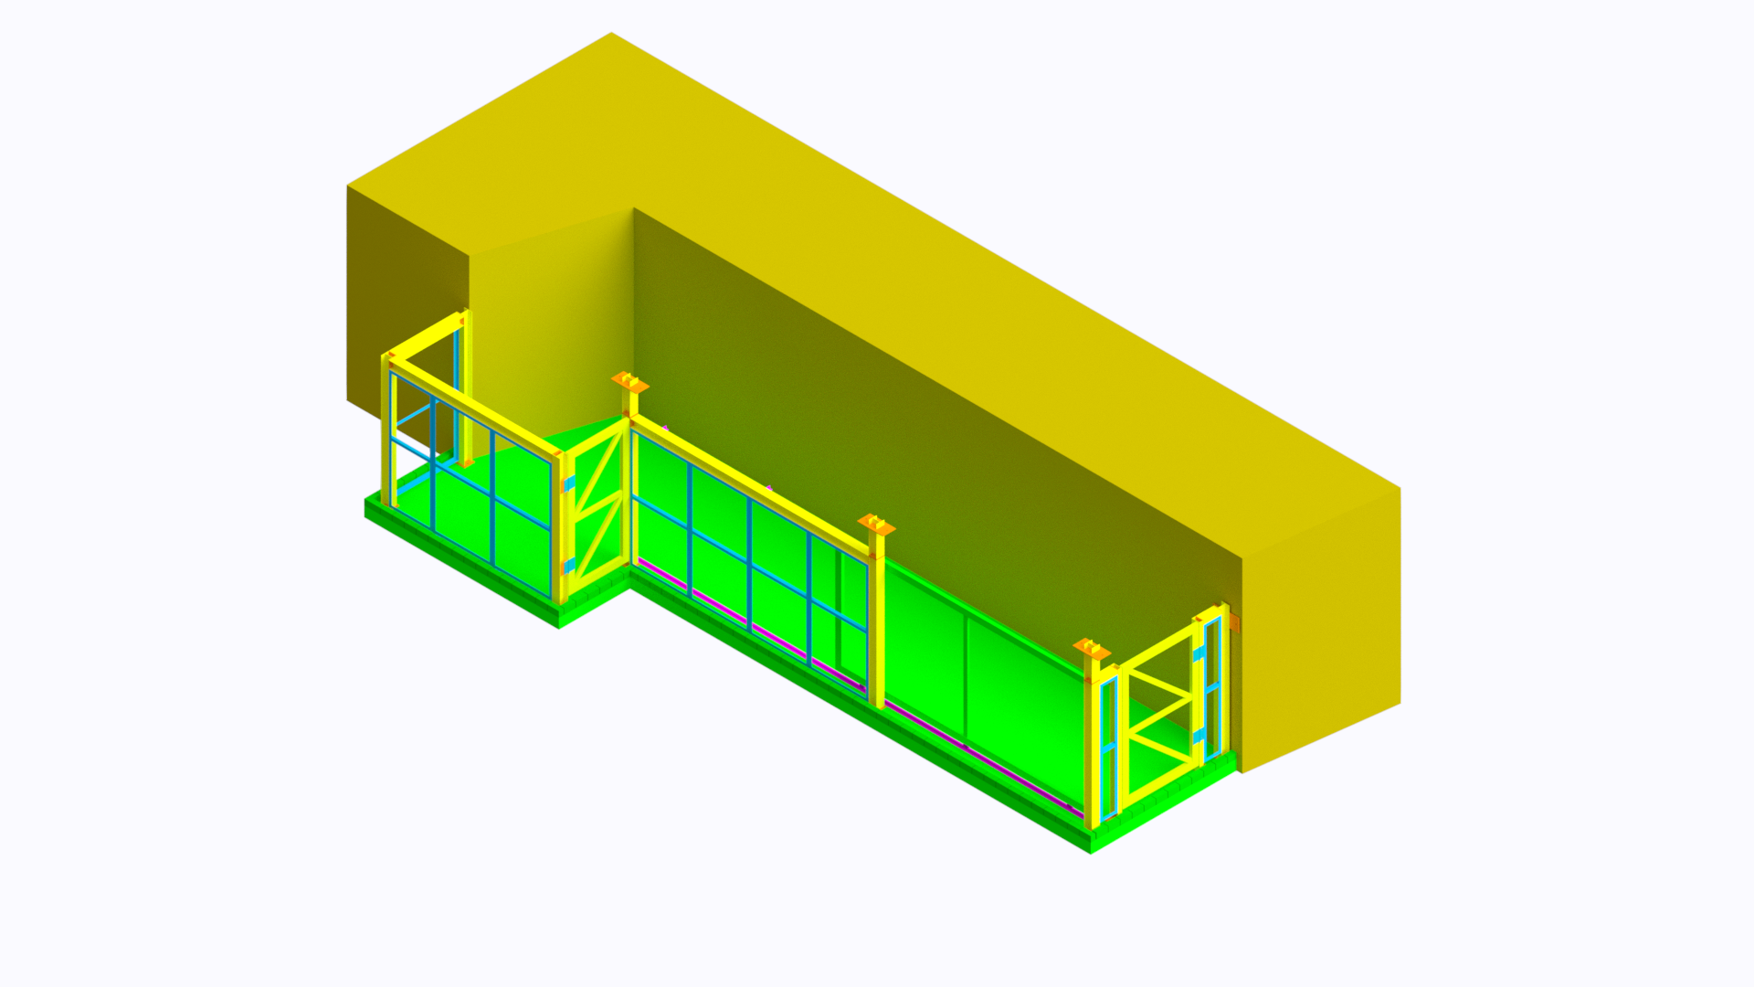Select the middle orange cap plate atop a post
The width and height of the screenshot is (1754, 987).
point(876,525)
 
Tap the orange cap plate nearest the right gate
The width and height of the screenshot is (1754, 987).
point(1092,650)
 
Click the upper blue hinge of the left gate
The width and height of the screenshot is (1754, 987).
point(569,483)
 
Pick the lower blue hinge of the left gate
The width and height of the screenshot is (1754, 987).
point(569,566)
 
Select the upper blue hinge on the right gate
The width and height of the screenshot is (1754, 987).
point(1199,654)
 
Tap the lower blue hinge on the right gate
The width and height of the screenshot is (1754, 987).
point(1199,736)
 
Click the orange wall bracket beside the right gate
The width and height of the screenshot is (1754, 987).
point(1234,622)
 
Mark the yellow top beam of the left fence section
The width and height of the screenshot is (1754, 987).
point(475,406)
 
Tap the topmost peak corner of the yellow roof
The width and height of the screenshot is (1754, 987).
point(611,34)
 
